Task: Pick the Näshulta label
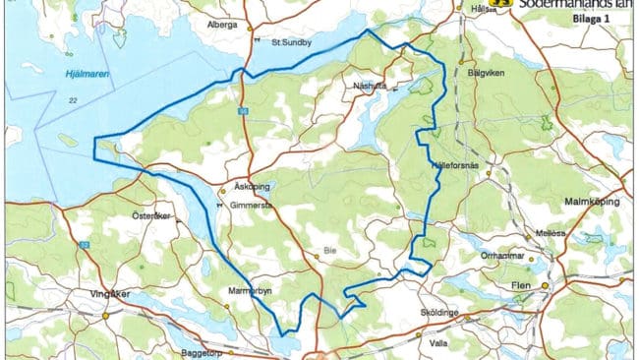pos(370,87)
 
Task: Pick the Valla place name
pos(439,345)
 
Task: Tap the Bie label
pos(330,252)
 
